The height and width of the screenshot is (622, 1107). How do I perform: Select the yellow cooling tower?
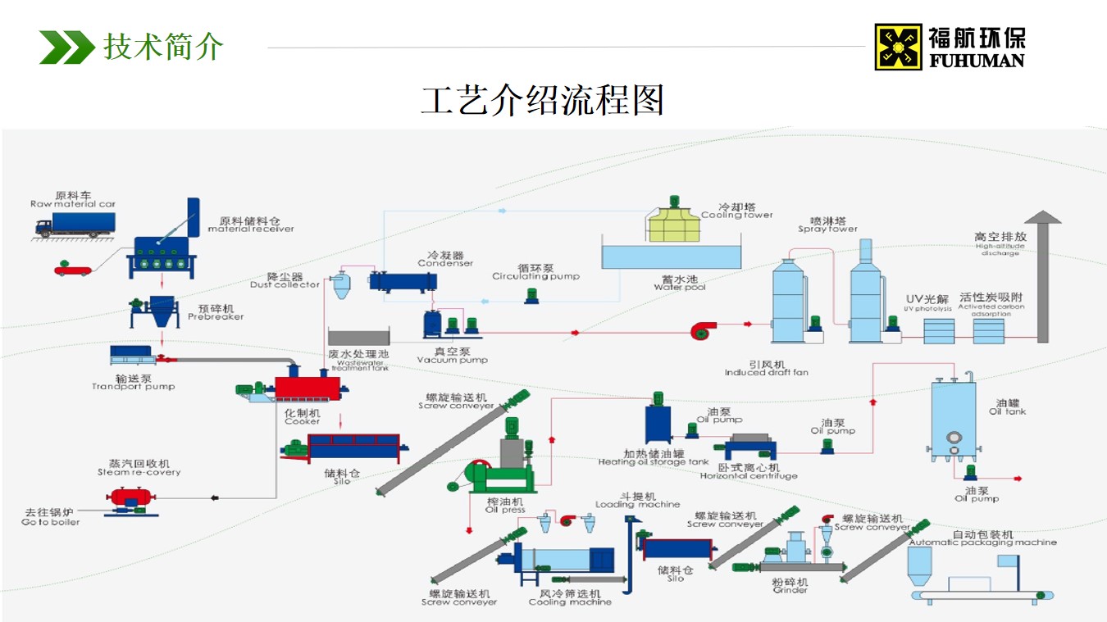tap(675, 225)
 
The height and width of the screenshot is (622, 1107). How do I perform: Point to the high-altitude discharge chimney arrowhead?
tap(1042, 217)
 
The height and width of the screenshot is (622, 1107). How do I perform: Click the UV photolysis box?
tap(939, 331)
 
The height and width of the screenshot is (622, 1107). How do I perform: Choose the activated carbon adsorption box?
tap(988, 331)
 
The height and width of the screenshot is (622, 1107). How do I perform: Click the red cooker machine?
tap(307, 388)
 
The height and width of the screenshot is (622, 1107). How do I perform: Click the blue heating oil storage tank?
tap(658, 425)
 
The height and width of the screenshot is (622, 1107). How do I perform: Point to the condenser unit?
tap(402, 281)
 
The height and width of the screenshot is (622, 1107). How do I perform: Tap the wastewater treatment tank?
tap(359, 337)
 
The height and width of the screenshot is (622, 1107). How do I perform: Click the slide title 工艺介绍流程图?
tap(542, 100)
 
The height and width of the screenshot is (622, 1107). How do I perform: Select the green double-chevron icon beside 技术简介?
tap(66, 47)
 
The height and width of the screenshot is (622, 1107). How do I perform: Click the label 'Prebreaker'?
tap(216, 317)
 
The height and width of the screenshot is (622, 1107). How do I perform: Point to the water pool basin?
tap(672, 256)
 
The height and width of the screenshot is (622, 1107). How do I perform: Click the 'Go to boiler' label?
tap(51, 522)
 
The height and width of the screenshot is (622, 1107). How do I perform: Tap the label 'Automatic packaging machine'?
tap(982, 543)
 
